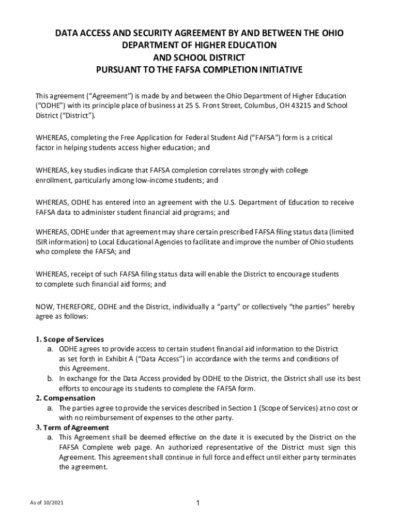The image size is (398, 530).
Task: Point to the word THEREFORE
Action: [74, 306]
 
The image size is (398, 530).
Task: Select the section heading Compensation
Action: [69, 398]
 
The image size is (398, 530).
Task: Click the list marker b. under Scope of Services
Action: [50, 379]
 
